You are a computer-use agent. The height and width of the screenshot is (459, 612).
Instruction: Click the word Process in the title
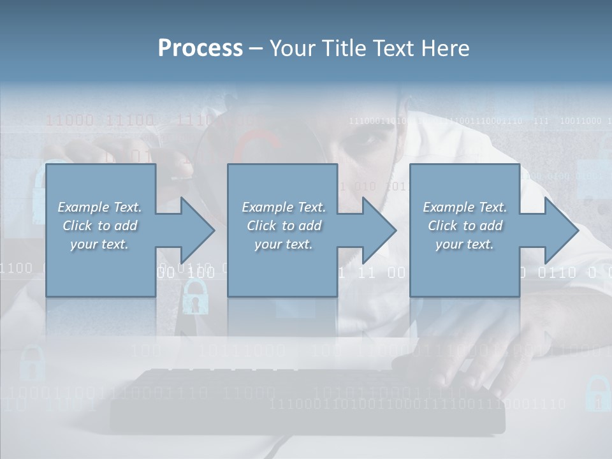[200, 48]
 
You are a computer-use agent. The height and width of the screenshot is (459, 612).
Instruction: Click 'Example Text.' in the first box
[100, 207]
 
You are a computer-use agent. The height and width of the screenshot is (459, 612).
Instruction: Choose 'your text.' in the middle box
[284, 244]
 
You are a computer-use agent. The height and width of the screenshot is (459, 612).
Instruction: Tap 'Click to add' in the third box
[465, 226]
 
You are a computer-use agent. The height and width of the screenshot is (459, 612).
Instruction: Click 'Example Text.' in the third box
[465, 207]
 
